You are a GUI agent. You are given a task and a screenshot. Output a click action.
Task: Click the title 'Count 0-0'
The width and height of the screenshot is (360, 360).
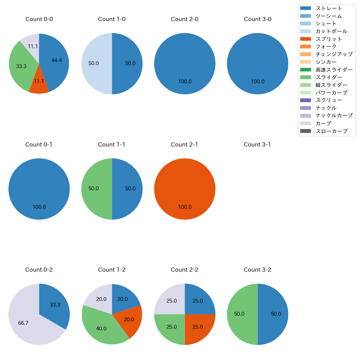[39, 19]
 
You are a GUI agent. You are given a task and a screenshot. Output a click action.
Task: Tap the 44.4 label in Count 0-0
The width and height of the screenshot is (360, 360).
[56, 60]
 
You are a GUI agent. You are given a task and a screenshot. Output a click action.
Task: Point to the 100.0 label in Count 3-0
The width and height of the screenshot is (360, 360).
[258, 82]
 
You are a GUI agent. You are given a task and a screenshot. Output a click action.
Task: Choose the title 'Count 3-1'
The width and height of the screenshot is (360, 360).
[257, 145]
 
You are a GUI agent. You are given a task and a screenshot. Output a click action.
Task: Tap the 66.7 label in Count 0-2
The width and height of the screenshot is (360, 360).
[23, 323]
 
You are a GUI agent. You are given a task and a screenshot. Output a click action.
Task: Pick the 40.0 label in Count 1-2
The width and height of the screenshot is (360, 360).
[101, 329]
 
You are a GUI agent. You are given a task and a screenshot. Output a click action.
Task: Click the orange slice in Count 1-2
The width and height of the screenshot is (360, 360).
[129, 321]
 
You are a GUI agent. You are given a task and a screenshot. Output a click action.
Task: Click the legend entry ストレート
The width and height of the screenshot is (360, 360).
[329, 8]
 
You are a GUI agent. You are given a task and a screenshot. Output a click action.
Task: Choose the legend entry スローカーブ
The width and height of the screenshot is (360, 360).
[331, 131]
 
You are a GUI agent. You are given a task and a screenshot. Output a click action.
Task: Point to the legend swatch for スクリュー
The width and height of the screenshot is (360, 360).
[305, 100]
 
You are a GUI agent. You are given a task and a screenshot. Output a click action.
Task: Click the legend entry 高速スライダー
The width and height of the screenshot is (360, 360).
[334, 70]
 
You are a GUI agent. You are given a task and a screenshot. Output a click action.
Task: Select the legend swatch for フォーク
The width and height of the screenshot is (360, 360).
[305, 47]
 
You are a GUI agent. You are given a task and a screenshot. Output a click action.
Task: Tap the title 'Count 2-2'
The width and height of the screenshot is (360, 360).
[185, 270]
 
